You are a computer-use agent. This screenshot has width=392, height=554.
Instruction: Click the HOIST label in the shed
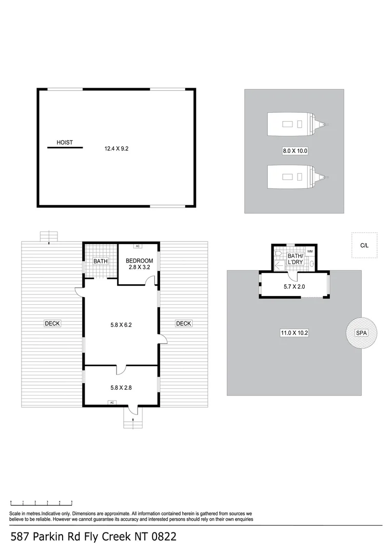65,143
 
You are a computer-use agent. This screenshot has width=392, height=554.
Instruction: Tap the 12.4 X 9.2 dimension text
116,149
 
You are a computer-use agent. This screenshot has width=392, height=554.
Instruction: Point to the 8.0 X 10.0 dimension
295,151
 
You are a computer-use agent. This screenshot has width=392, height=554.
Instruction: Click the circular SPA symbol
362,333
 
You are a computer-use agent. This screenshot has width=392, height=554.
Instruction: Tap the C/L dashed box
364,246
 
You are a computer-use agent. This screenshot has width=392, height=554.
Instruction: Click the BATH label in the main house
101,261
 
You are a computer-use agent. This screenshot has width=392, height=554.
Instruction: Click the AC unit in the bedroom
138,246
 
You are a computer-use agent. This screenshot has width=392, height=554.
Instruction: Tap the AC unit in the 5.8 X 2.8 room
111,403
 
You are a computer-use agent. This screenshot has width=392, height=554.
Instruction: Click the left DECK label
52,323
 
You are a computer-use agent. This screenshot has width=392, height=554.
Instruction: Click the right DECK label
184,323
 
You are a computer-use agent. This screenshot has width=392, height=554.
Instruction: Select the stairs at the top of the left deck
49,236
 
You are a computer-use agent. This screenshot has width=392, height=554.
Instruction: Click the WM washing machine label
310,251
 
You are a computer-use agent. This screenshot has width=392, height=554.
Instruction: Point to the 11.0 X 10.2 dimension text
295,333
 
